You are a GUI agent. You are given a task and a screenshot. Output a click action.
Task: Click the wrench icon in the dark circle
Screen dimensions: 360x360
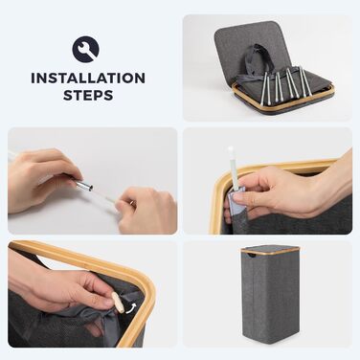[86, 50]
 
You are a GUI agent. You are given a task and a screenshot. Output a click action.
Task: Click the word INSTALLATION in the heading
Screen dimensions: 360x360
[88, 79]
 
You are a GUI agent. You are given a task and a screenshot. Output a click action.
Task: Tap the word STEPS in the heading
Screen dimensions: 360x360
[88, 95]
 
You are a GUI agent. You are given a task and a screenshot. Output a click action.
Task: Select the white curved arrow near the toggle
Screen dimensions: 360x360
[131, 308]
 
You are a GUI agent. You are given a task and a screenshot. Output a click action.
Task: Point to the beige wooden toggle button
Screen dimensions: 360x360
[118, 302]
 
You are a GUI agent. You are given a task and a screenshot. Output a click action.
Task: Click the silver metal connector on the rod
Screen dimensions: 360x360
[83, 184]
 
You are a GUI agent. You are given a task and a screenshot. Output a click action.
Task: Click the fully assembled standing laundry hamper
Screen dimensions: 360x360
[270, 293]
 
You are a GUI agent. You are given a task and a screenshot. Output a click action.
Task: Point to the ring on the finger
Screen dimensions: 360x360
[131, 203]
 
